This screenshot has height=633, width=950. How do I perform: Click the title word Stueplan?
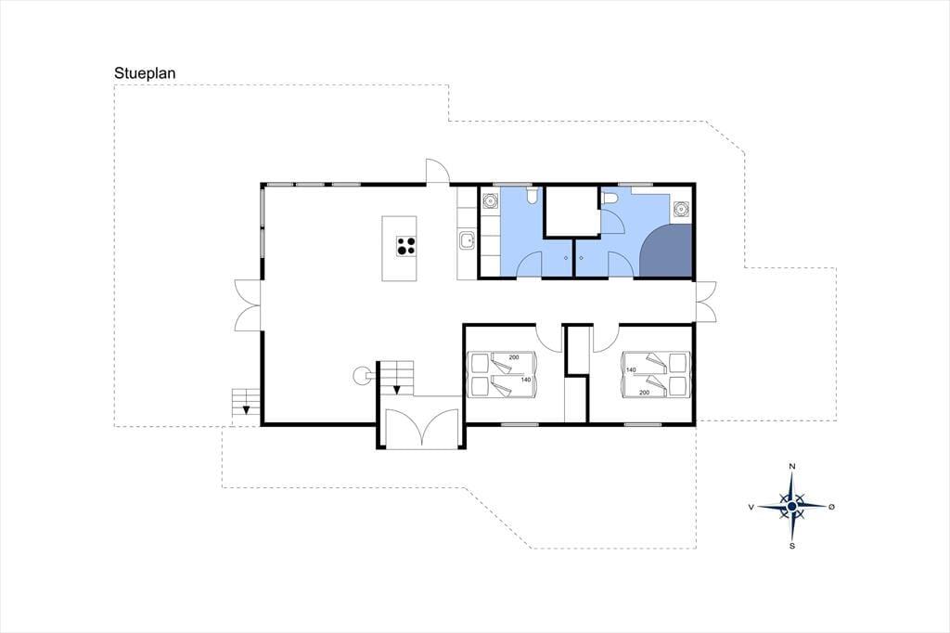[x=145, y=73]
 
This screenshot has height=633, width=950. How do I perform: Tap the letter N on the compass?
[x=792, y=466]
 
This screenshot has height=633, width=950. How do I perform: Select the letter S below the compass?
[x=792, y=547]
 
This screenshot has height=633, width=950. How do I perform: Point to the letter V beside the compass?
[x=751, y=507]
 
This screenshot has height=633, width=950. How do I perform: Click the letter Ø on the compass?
[x=831, y=507]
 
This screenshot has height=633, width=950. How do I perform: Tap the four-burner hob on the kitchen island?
[x=406, y=246]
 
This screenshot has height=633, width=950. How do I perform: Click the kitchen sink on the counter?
[x=467, y=240]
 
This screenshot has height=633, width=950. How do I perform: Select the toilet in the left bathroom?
[x=533, y=195]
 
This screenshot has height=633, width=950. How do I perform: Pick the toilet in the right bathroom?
[x=609, y=197]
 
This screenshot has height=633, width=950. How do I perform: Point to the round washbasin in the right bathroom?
[x=682, y=209]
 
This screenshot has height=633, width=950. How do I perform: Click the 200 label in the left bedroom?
[x=514, y=357]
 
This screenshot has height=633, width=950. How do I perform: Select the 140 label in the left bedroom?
[x=525, y=381]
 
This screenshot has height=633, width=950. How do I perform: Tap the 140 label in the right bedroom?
[x=631, y=369]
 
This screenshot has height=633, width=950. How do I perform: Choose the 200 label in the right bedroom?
[x=644, y=393]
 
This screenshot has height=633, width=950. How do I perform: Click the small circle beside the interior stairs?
[x=361, y=376]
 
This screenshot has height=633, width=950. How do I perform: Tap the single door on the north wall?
[x=437, y=171]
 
